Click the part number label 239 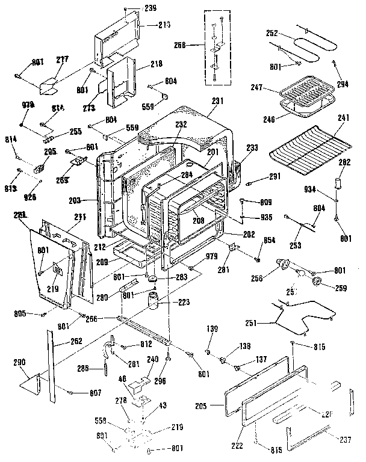(x=150, y=8)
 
